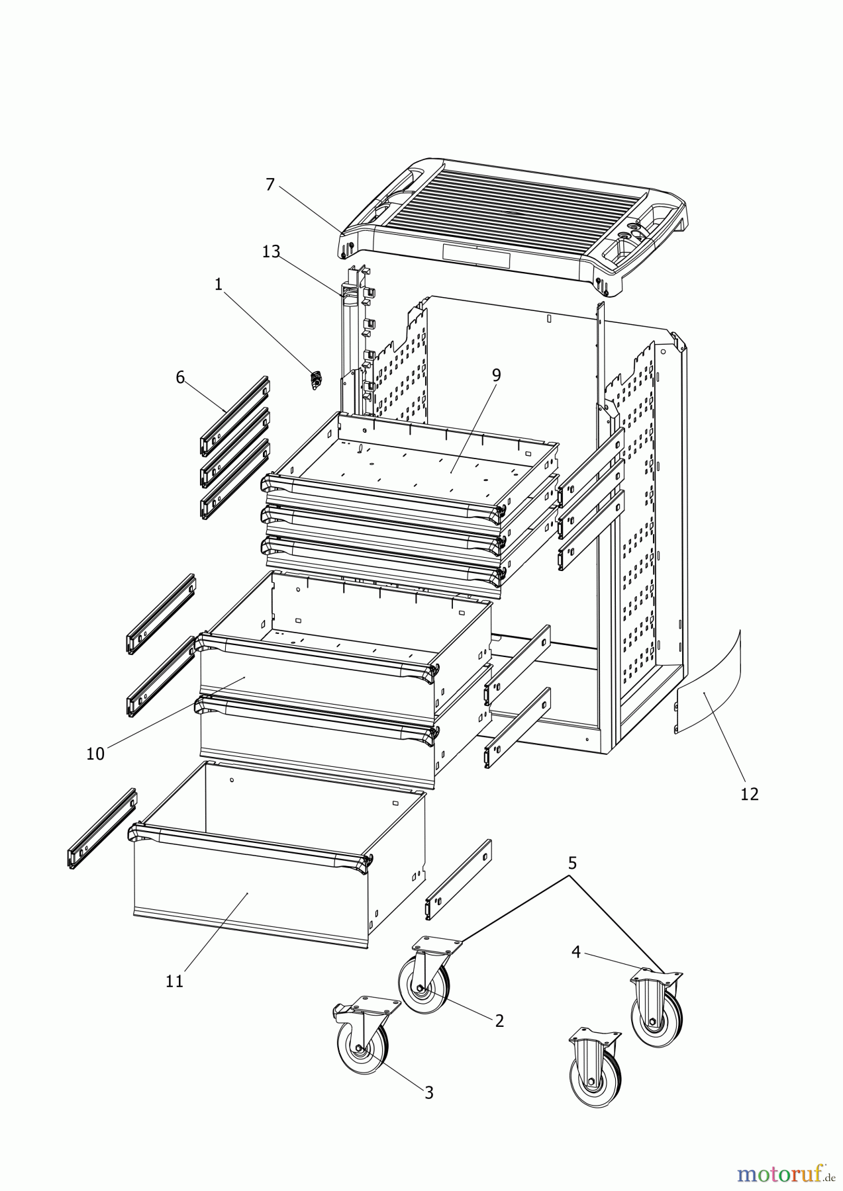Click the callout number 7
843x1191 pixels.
270,185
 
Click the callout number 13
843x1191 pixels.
271,251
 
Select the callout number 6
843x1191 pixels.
180,377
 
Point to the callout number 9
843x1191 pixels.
496,375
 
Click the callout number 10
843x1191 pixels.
95,754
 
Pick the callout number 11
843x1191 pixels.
174,981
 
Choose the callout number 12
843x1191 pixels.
749,793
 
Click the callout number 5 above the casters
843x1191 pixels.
572,863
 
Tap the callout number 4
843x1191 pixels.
575,952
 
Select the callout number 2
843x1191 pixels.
499,1020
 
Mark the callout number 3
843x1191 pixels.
428,1093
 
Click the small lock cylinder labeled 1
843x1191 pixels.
316,380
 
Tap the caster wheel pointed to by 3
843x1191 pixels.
361,1045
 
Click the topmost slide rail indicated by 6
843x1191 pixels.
236,416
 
